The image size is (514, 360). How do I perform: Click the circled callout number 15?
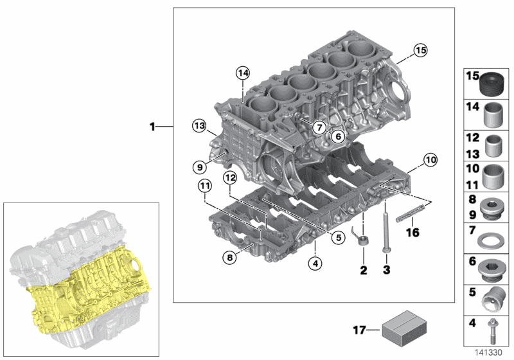point(420,50)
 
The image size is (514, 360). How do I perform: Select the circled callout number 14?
point(242,73)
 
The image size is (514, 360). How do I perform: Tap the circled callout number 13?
point(199,125)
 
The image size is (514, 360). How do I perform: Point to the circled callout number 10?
point(412,158)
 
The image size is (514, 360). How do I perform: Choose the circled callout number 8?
point(229,258)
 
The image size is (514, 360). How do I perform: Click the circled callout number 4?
point(314,262)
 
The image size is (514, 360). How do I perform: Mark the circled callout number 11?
point(204,186)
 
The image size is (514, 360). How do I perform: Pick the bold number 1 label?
point(152,127)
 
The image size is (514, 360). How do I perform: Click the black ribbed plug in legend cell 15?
point(493,84)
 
